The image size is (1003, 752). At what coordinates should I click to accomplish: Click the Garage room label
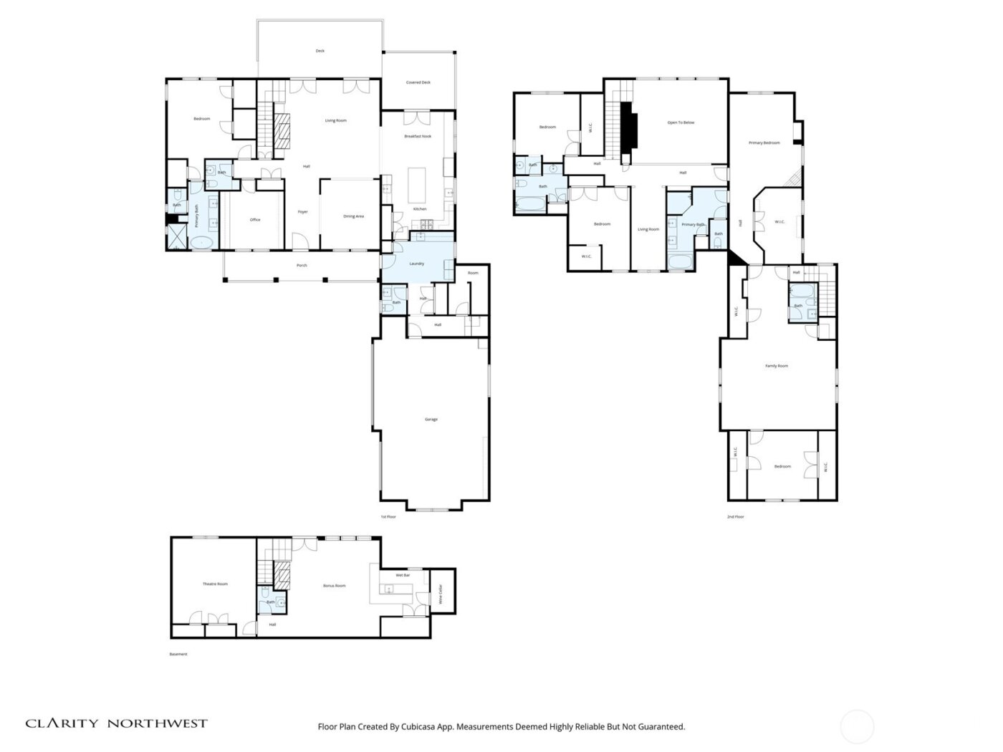[x=431, y=419]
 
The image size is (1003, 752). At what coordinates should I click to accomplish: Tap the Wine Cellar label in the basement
[x=440, y=596]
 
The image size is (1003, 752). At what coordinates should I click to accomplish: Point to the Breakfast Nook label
[x=418, y=136]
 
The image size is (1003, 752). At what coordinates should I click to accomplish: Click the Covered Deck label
[x=418, y=82]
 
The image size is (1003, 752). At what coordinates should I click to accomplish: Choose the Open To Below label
[x=681, y=122]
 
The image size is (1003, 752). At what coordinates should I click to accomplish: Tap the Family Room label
[x=777, y=366]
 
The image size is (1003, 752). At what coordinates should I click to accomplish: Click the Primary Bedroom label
[x=764, y=143]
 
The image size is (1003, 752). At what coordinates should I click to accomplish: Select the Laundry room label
[x=416, y=264]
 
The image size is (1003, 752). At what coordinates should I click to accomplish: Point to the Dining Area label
[x=354, y=216]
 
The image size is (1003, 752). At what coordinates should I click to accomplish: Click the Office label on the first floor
[x=255, y=220]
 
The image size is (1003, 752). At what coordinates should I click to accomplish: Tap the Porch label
[x=302, y=265]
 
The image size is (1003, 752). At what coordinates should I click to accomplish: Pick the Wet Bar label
[x=403, y=575]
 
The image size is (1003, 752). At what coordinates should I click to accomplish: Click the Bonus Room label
[x=334, y=586]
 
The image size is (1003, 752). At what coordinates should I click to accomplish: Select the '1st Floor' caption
[x=388, y=516]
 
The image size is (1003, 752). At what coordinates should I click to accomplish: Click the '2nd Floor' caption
[x=735, y=516]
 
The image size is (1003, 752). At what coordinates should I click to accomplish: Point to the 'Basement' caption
[x=178, y=654]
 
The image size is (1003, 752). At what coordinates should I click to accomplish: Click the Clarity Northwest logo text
[x=117, y=723]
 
